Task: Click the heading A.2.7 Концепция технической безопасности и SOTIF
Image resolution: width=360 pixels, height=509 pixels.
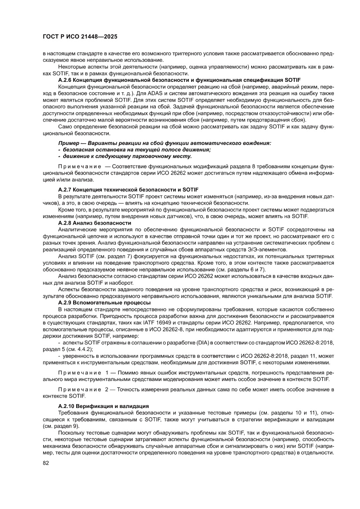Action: click(128, 190)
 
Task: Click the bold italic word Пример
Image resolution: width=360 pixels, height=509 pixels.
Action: click(70, 143)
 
